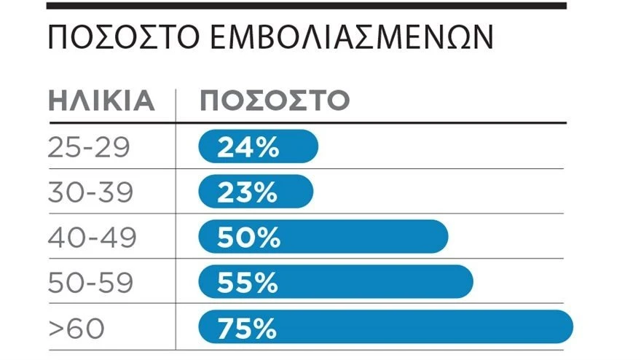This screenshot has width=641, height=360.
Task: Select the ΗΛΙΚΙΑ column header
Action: (x=101, y=101)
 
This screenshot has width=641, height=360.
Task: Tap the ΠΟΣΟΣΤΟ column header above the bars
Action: (x=275, y=101)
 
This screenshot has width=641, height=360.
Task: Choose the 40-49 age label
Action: (x=90, y=237)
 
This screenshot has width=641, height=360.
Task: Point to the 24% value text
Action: (x=248, y=147)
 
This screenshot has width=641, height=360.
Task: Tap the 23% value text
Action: (x=247, y=192)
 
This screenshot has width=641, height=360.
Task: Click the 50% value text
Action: (x=248, y=237)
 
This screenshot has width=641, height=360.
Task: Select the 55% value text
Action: (x=248, y=282)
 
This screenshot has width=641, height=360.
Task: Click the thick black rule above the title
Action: (x=306, y=6)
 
